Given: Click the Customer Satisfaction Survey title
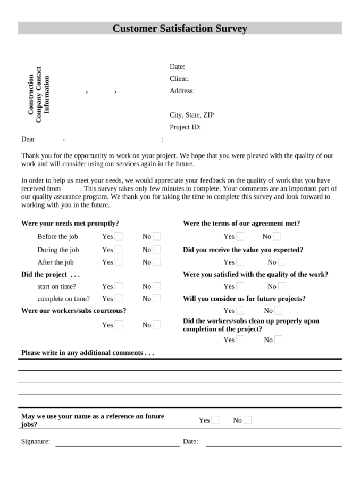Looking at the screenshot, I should pyautogui.click(x=180, y=29).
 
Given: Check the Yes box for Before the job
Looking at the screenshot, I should pyautogui.click(x=119, y=236).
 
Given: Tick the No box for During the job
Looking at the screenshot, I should pyautogui.click(x=157, y=249).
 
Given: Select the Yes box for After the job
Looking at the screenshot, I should pyautogui.click(x=119, y=262).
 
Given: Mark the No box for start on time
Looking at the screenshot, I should pyautogui.click(x=157, y=286).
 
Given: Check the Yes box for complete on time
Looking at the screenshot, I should pyautogui.click(x=119, y=299).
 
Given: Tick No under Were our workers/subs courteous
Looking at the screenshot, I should pyautogui.click(x=157, y=325).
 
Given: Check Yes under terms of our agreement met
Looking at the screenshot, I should pyautogui.click(x=240, y=236).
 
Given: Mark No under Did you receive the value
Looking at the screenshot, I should pyautogui.click(x=282, y=262).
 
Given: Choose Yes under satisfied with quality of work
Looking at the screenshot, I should pyautogui.click(x=240, y=286).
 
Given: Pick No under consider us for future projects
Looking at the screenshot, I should pyautogui.click(x=278, y=310).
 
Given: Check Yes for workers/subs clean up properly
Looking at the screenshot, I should pyautogui.click(x=240, y=340).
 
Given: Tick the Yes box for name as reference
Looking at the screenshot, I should pyautogui.click(x=215, y=420).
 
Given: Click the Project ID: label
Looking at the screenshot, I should pyautogui.click(x=185, y=127).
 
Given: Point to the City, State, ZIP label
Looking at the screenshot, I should pyautogui.click(x=191, y=115).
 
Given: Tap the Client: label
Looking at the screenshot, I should pyautogui.click(x=179, y=79).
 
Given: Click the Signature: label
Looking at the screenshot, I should pyautogui.click(x=36, y=441).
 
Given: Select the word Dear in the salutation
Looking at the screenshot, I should pyautogui.click(x=28, y=139).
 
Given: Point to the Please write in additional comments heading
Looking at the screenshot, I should pyautogui.click(x=88, y=353).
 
